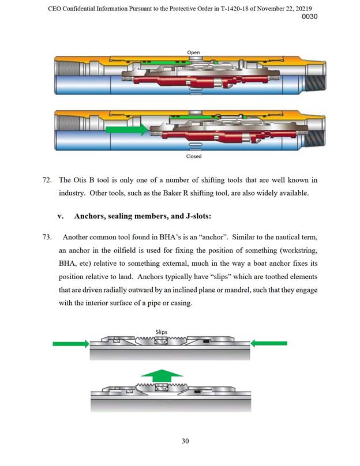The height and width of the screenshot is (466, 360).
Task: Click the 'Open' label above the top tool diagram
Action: [x=193, y=52]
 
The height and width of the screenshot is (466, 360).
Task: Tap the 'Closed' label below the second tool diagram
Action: [x=193, y=156]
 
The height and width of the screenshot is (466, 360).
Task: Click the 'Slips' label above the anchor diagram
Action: [x=162, y=332]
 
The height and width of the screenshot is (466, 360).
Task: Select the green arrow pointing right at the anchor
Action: [x=70, y=344]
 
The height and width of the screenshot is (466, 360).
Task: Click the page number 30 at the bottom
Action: [x=185, y=441]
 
